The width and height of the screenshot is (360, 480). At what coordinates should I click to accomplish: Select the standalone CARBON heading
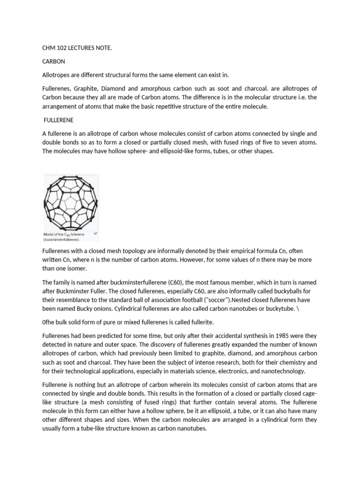[x=54, y=61]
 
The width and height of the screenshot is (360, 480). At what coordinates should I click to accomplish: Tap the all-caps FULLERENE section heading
[x=59, y=120]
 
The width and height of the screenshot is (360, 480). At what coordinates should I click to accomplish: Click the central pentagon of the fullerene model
[x=72, y=203]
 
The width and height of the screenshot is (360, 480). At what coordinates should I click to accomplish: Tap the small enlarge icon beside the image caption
[x=95, y=233]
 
